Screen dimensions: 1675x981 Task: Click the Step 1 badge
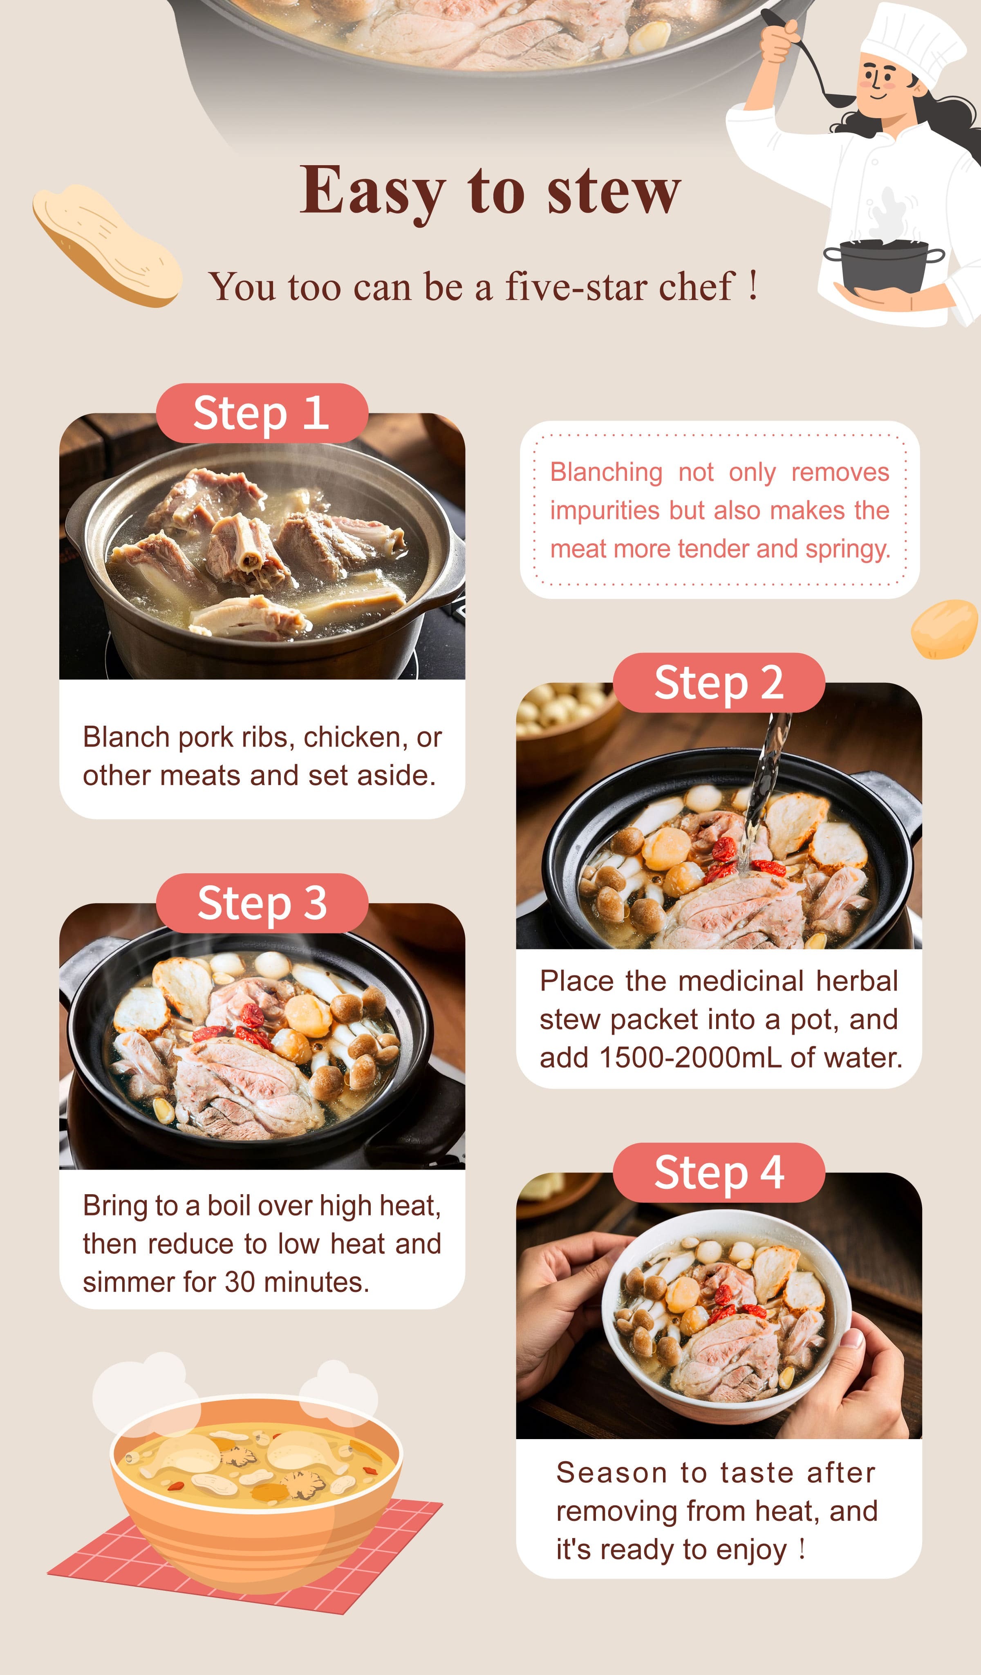point(262,413)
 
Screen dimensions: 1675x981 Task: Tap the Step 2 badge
point(719,683)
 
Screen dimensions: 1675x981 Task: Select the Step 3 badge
point(262,903)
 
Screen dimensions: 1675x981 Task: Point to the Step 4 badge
point(719,1173)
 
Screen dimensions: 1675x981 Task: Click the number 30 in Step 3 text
point(239,1282)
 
